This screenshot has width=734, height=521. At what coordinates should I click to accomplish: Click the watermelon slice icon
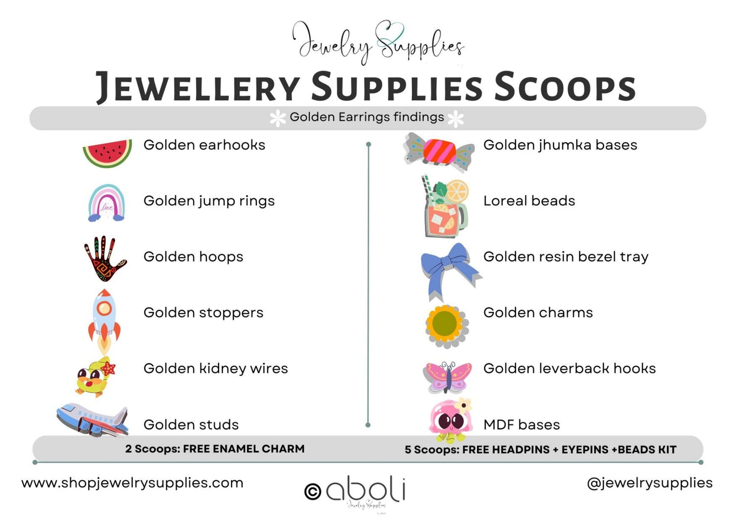tap(107, 152)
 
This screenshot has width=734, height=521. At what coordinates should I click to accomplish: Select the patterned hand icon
tap(105, 259)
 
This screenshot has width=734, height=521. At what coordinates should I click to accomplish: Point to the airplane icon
tap(92, 419)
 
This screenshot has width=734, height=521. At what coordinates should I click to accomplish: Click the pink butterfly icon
tap(447, 377)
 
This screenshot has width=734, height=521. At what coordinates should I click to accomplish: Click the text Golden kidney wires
tap(215, 369)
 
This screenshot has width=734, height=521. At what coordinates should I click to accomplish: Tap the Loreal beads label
tap(529, 201)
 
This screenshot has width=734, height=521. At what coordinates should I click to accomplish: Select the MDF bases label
tap(521, 425)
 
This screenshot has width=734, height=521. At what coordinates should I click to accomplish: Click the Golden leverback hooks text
tap(569, 369)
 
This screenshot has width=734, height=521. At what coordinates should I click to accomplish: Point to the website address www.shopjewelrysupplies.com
tap(132, 483)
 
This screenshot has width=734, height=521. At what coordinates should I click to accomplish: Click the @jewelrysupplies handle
tap(649, 483)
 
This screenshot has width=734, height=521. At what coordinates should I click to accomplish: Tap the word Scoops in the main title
tap(565, 87)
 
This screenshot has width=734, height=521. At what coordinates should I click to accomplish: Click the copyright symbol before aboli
tap(313, 491)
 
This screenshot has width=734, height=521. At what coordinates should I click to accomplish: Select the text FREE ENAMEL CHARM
tap(244, 449)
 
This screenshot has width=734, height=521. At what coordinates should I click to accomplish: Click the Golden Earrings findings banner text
tap(367, 117)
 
